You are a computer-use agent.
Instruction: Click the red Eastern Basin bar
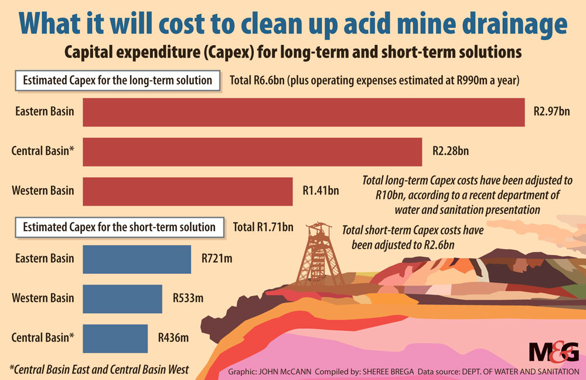click(x=304, y=111)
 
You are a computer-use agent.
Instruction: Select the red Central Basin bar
click(x=252, y=151)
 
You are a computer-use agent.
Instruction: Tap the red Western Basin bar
click(x=188, y=191)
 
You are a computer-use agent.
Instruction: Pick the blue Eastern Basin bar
click(x=137, y=259)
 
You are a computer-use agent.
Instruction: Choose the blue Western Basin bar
click(x=122, y=298)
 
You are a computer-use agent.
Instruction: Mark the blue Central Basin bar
click(x=115, y=338)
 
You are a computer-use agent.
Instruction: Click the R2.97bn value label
click(x=551, y=111)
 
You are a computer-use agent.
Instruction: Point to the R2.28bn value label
click(x=450, y=151)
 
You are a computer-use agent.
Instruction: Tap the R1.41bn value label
click(x=321, y=191)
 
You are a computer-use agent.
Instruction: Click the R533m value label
click(x=188, y=298)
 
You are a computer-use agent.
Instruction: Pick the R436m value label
click(x=173, y=338)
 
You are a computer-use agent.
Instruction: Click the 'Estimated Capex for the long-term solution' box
click(x=117, y=80)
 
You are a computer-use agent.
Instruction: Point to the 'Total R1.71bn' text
click(x=263, y=227)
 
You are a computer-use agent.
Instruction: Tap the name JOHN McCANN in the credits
click(x=285, y=371)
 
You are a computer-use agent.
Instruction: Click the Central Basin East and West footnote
click(x=99, y=369)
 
